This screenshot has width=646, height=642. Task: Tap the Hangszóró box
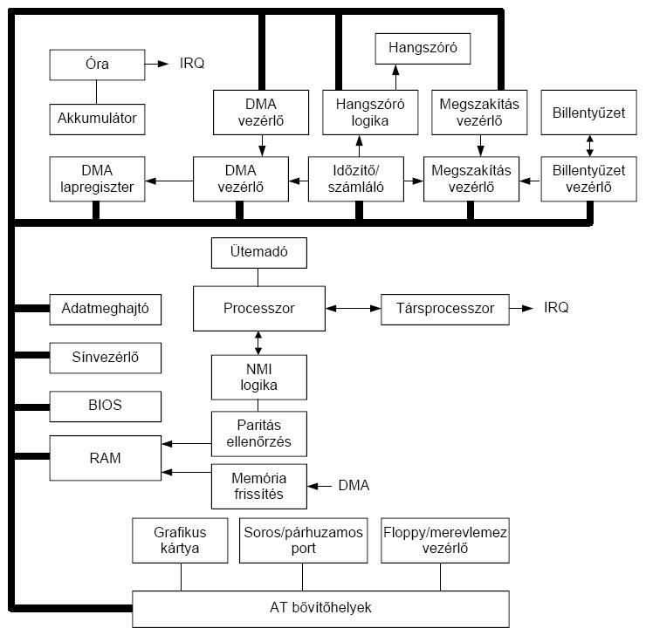tap(423, 47)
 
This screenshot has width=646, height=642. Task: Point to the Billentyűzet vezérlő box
tap(589, 178)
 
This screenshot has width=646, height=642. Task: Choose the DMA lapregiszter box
tap(97, 178)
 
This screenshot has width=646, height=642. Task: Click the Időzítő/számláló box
tap(359, 178)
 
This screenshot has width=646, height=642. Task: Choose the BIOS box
tap(105, 406)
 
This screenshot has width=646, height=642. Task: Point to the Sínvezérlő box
tap(105, 357)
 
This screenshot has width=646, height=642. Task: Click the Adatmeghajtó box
tap(105, 308)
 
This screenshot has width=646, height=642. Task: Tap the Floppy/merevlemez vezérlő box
tap(445, 540)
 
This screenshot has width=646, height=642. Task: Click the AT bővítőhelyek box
tap(320, 608)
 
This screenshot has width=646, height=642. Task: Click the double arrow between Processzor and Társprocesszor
tap(352, 308)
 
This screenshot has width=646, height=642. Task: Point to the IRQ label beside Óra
tap(192, 64)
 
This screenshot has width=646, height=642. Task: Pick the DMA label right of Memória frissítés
tap(354, 485)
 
